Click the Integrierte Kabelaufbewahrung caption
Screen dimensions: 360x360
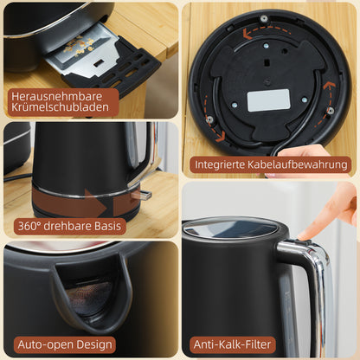point(272,163)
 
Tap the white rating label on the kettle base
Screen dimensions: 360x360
point(267,100)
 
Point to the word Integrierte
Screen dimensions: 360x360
point(222,163)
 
